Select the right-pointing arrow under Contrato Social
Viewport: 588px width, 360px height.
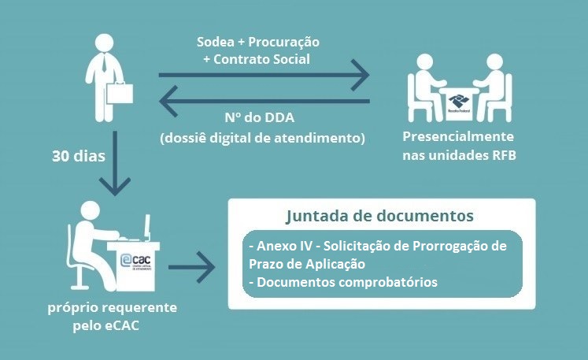[x=264, y=76]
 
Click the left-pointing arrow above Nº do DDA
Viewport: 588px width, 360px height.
[x=264, y=101]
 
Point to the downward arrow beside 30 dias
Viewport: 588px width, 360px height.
[x=115, y=162]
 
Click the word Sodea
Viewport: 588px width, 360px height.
[x=215, y=42]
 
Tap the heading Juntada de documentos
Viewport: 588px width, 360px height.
[x=380, y=215]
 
